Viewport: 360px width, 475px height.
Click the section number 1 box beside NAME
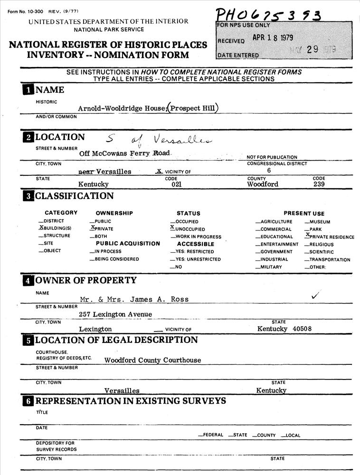click(x=28, y=90)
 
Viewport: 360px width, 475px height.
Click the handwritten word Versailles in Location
click(x=183, y=139)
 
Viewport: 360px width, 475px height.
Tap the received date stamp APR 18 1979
click(x=273, y=38)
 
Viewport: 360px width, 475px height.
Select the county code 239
click(x=319, y=184)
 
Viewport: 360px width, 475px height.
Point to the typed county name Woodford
click(x=263, y=184)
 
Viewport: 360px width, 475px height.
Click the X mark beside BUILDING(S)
click(x=40, y=228)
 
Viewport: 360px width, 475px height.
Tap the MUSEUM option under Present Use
click(x=319, y=222)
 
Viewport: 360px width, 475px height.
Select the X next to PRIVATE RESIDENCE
click(x=308, y=235)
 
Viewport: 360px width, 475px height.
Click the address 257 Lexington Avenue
click(x=115, y=314)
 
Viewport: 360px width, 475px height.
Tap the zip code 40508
click(x=303, y=329)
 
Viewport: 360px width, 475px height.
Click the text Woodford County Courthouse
click(x=152, y=360)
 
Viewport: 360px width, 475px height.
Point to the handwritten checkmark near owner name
click(x=315, y=295)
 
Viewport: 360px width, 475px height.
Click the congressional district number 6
click(x=269, y=171)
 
